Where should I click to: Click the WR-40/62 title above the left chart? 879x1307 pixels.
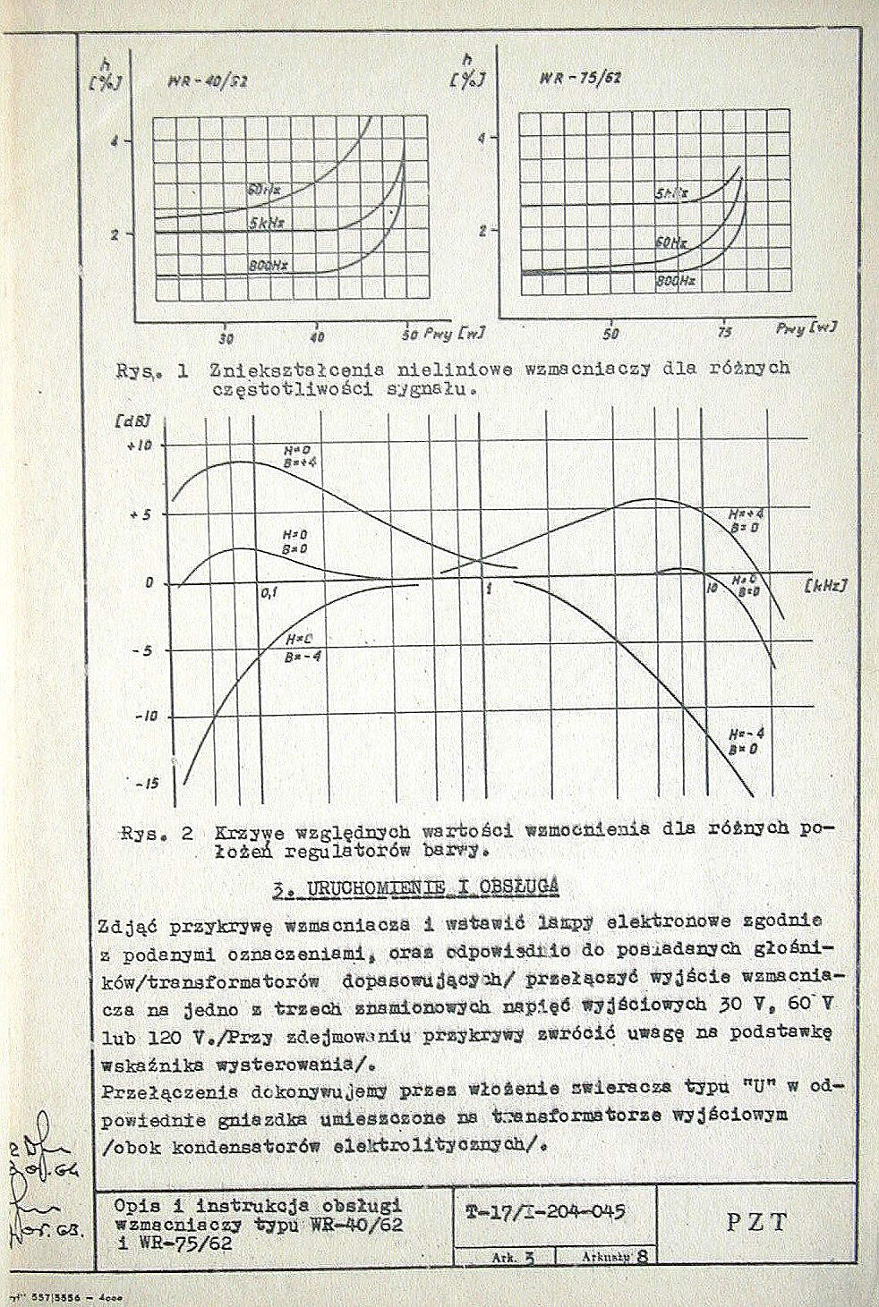207,82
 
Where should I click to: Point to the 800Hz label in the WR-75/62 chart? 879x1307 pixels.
675,281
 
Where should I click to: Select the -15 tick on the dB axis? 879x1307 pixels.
144,784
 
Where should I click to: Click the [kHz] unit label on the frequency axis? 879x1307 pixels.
824,586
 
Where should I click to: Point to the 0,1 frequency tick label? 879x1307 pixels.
270,592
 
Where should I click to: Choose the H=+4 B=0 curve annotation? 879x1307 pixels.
745,521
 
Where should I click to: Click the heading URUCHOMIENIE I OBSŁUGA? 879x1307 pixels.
416,887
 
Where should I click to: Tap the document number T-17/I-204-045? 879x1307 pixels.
546,1212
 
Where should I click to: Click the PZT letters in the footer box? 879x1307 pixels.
756,1221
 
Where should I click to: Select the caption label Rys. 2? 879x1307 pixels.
157,834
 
